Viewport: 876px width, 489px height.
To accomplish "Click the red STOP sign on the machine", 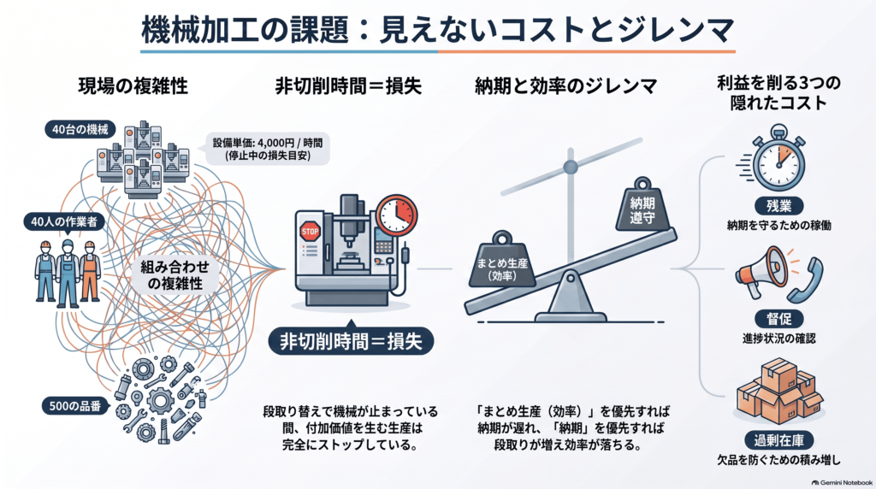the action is [310, 231].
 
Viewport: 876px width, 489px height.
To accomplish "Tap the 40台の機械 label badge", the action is [80, 129].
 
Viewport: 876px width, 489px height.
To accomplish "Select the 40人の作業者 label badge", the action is [63, 221].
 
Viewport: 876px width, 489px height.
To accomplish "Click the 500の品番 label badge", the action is [75, 406].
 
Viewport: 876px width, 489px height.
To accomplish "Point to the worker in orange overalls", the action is [89, 271].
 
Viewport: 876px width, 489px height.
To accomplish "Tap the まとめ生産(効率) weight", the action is [502, 260].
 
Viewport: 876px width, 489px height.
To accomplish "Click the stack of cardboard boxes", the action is [779, 392].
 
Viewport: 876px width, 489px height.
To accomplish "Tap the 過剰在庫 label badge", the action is [778, 440].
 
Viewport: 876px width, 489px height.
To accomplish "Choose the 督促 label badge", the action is [778, 319].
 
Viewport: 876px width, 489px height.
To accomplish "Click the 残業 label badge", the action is [778, 206].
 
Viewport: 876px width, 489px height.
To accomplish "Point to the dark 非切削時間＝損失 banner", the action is [351, 340].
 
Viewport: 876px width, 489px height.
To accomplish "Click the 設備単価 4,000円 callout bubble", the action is [268, 149].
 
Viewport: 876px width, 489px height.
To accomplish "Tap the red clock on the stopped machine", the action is [397, 215].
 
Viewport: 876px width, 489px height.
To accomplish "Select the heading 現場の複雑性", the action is [133, 86].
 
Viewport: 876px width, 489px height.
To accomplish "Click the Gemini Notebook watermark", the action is [842, 482].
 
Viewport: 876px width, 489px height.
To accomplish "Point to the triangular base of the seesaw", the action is [570, 298].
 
